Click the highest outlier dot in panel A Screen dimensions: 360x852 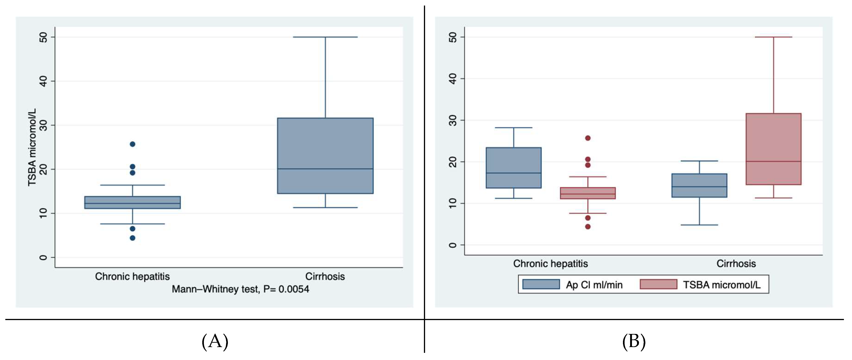pos(132,144)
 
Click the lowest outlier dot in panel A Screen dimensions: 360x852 pos(132,238)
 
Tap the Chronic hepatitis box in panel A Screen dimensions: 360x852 pos(132,202)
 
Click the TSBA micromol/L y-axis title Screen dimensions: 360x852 pos(32,147)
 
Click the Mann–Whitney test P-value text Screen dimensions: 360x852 pos(240,289)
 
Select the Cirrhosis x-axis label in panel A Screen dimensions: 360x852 pos(325,276)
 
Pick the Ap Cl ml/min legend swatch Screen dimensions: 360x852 pos(541,284)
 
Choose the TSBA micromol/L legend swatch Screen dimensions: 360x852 pos(658,284)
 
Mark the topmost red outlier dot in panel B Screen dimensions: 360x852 pos(588,138)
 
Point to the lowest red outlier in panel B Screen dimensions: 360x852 pos(588,227)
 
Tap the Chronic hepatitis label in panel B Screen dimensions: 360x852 pos(550,264)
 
